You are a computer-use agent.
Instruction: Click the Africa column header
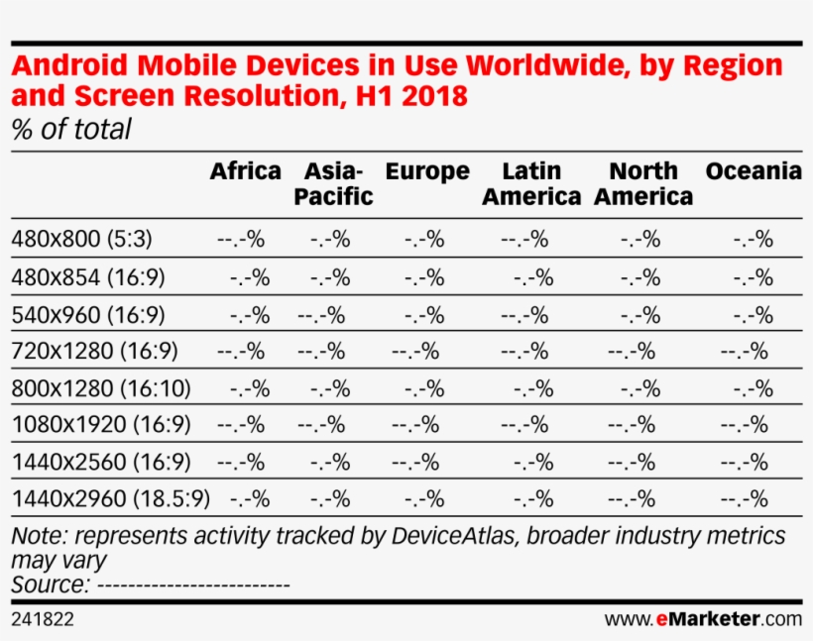[x=245, y=171]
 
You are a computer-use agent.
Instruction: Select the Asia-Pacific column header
[x=333, y=183]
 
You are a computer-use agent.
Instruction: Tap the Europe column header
[x=427, y=171]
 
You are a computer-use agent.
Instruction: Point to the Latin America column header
[x=531, y=183]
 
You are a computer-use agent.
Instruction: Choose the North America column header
[x=643, y=183]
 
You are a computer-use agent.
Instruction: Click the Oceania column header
[x=754, y=171]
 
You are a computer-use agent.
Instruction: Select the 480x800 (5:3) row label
[x=81, y=239]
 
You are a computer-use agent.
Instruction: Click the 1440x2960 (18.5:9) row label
[x=111, y=498]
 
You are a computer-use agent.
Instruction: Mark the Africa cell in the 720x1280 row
[x=241, y=351]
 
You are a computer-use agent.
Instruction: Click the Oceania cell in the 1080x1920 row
[x=745, y=425]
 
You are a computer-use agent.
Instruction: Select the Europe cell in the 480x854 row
[x=423, y=277]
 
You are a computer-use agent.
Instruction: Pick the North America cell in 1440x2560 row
[x=632, y=462]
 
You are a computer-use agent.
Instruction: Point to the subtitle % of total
[x=70, y=130]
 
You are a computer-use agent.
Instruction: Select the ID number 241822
[x=43, y=620]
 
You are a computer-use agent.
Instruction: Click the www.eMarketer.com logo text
[x=703, y=620]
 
